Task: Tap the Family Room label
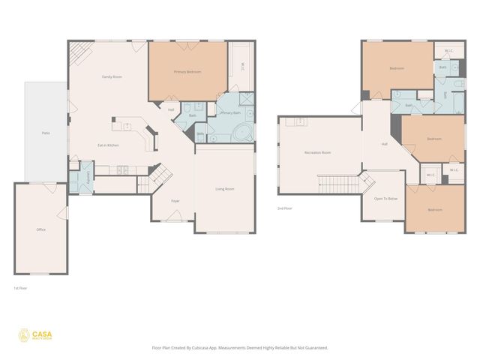112,77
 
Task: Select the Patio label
46,133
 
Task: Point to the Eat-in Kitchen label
108,145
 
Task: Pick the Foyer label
175,201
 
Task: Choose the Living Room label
225,189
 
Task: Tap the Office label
41,229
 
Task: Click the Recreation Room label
317,152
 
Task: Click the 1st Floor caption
20,288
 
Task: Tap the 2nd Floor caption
285,208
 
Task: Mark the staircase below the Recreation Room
337,183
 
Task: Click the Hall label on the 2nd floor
385,144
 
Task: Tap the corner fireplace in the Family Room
79,52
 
